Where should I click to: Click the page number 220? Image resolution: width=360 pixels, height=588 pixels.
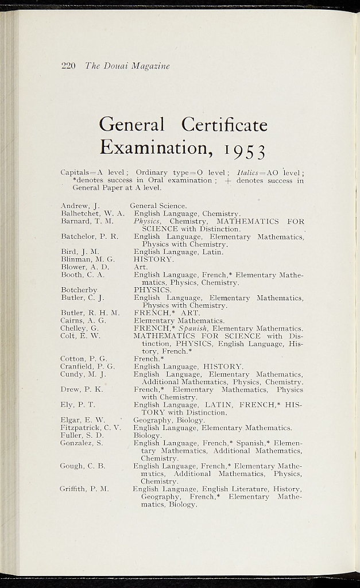(x=68, y=66)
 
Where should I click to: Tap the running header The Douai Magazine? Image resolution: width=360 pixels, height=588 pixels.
(x=127, y=66)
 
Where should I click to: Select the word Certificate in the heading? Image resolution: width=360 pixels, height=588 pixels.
(x=224, y=124)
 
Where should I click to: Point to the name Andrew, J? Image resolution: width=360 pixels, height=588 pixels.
(x=80, y=206)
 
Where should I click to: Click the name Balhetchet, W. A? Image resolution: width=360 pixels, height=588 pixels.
(x=92, y=214)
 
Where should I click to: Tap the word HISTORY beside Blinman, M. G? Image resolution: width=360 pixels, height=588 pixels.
(x=153, y=260)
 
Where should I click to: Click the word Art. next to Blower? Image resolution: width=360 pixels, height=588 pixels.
(x=141, y=267)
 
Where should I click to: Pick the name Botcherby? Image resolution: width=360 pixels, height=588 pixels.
(x=79, y=290)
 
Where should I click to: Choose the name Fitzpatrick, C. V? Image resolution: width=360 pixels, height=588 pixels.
(x=91, y=428)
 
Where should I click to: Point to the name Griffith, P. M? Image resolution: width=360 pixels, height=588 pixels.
(x=84, y=489)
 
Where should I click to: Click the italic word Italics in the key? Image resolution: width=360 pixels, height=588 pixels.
(x=249, y=173)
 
